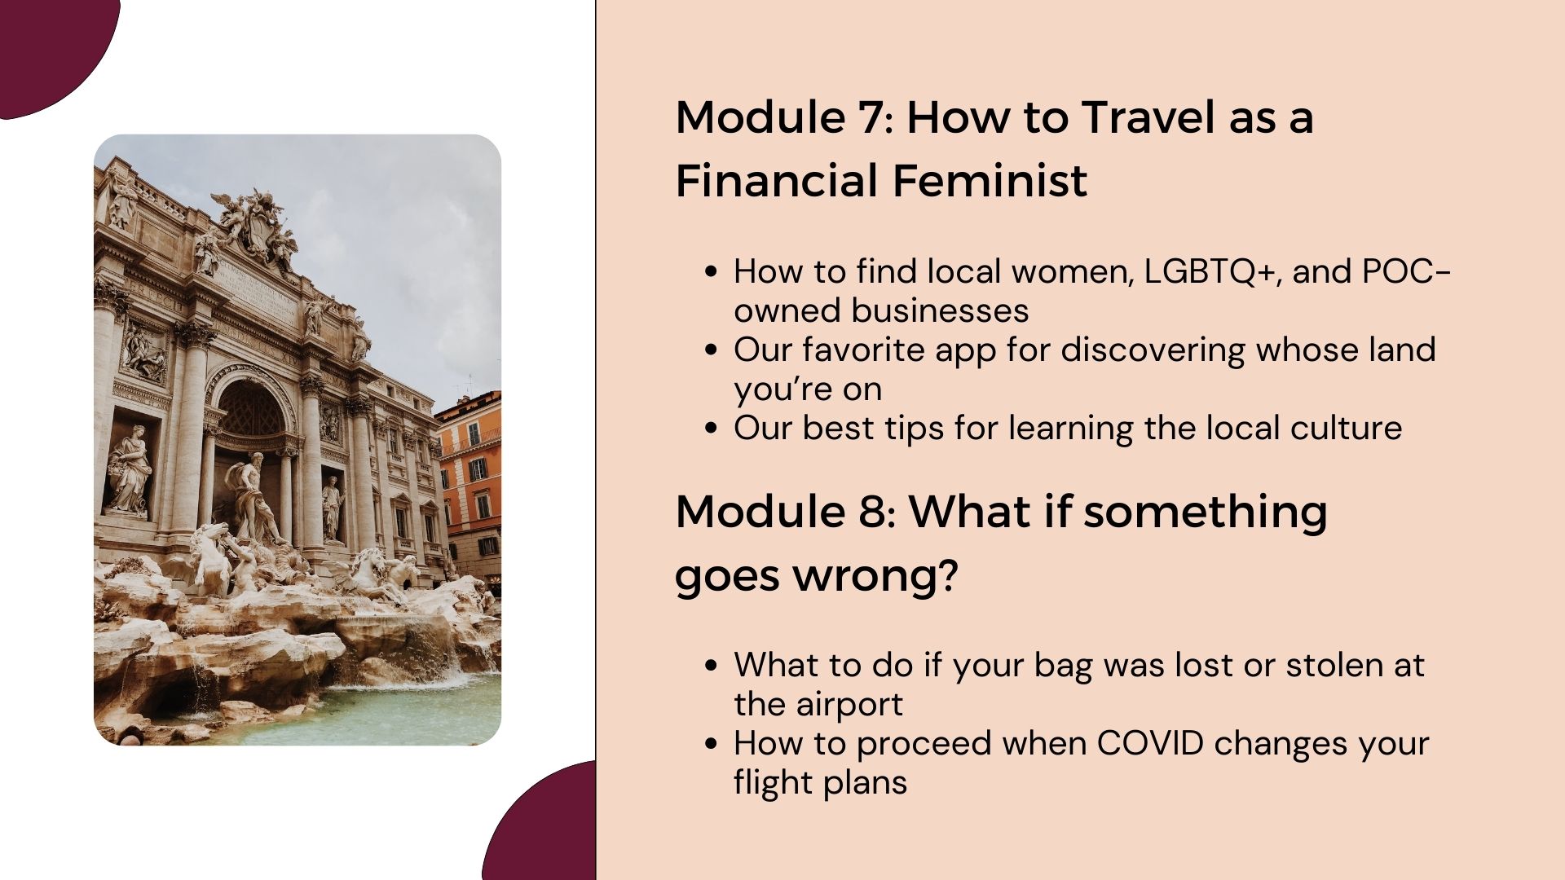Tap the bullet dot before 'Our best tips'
(712, 429)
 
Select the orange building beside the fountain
(470, 481)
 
